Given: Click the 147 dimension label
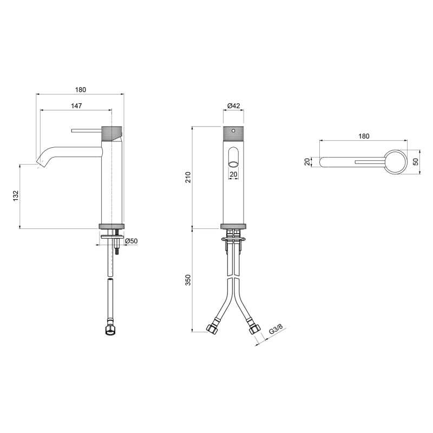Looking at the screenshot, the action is [76, 106].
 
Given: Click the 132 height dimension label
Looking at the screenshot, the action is [16, 195].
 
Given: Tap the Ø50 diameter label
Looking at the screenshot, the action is [131, 241].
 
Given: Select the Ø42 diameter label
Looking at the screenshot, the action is [234, 106].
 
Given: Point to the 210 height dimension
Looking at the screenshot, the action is [188, 177].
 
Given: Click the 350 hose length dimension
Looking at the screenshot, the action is [188, 280].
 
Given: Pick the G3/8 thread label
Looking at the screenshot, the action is [276, 329].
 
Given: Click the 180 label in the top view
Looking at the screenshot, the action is [364, 136].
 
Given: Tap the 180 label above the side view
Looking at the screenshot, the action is [80, 90].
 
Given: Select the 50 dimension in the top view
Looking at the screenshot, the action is [416, 162].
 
